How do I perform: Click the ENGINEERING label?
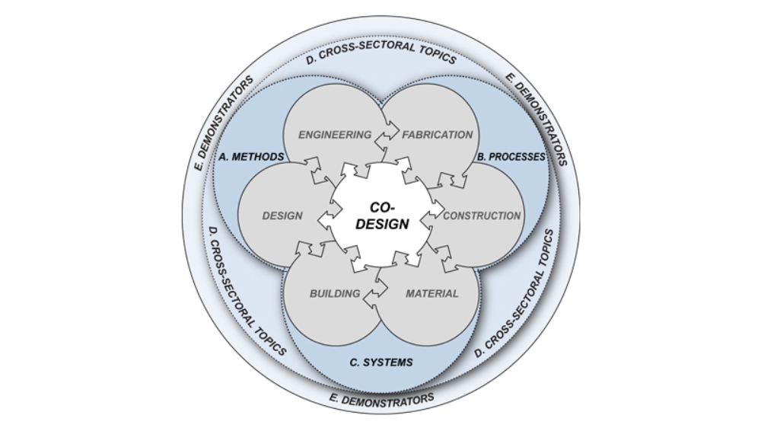pyautogui.click(x=335, y=135)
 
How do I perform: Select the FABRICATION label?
pyautogui.click(x=438, y=135)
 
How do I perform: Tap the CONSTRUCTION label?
pyautogui.click(x=482, y=216)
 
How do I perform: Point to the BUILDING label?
pyautogui.click(x=335, y=293)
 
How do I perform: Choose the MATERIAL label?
pyautogui.click(x=432, y=293)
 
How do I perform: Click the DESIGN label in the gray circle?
pyautogui.click(x=282, y=216)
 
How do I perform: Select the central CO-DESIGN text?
pyautogui.click(x=383, y=216)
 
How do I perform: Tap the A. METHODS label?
pyautogui.click(x=251, y=157)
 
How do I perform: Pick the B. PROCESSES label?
pyautogui.click(x=511, y=157)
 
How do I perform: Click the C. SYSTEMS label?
pyautogui.click(x=381, y=363)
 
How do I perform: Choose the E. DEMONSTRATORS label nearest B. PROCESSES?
pyautogui.click(x=537, y=120)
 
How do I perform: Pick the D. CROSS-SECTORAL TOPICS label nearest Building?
pyautogui.click(x=247, y=291)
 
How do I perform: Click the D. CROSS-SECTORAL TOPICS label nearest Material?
pyautogui.click(x=514, y=293)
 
